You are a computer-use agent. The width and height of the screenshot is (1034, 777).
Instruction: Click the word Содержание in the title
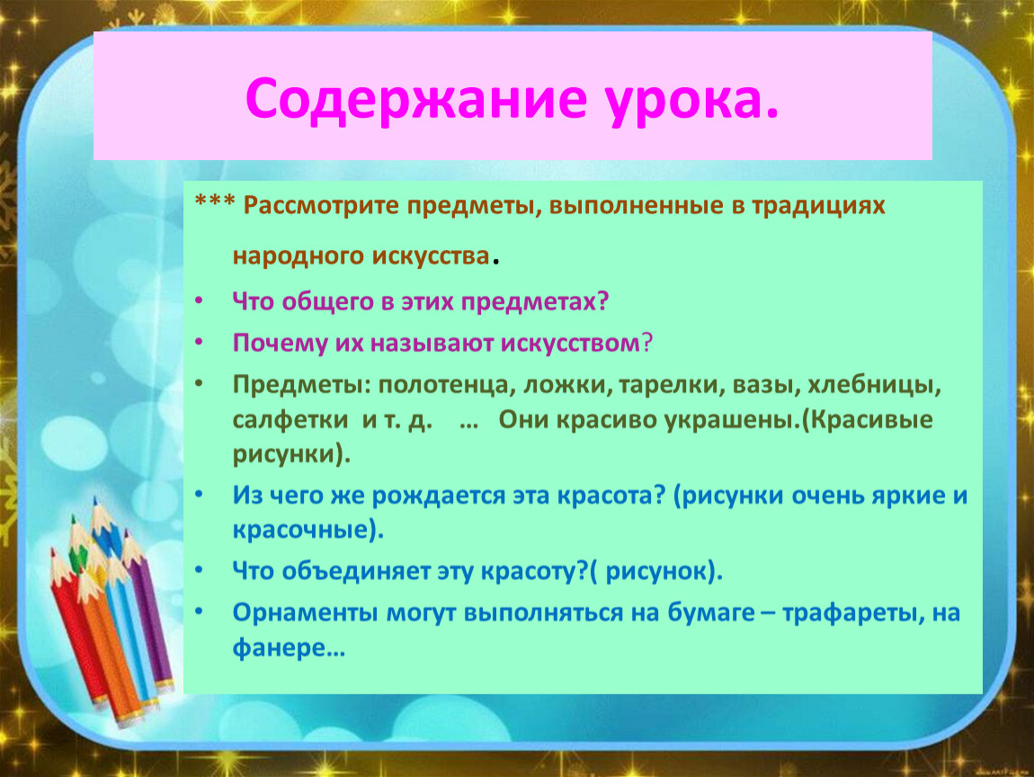[415, 99]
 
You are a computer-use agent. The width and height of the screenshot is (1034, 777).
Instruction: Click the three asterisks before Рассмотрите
[215, 201]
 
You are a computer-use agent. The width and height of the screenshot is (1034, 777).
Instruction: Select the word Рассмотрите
[321, 206]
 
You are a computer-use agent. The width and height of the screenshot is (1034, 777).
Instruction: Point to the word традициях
[818, 207]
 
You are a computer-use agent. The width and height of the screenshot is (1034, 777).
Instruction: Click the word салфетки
[290, 420]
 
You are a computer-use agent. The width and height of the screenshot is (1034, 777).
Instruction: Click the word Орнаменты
[306, 613]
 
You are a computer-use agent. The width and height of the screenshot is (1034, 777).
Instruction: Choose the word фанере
[289, 648]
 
